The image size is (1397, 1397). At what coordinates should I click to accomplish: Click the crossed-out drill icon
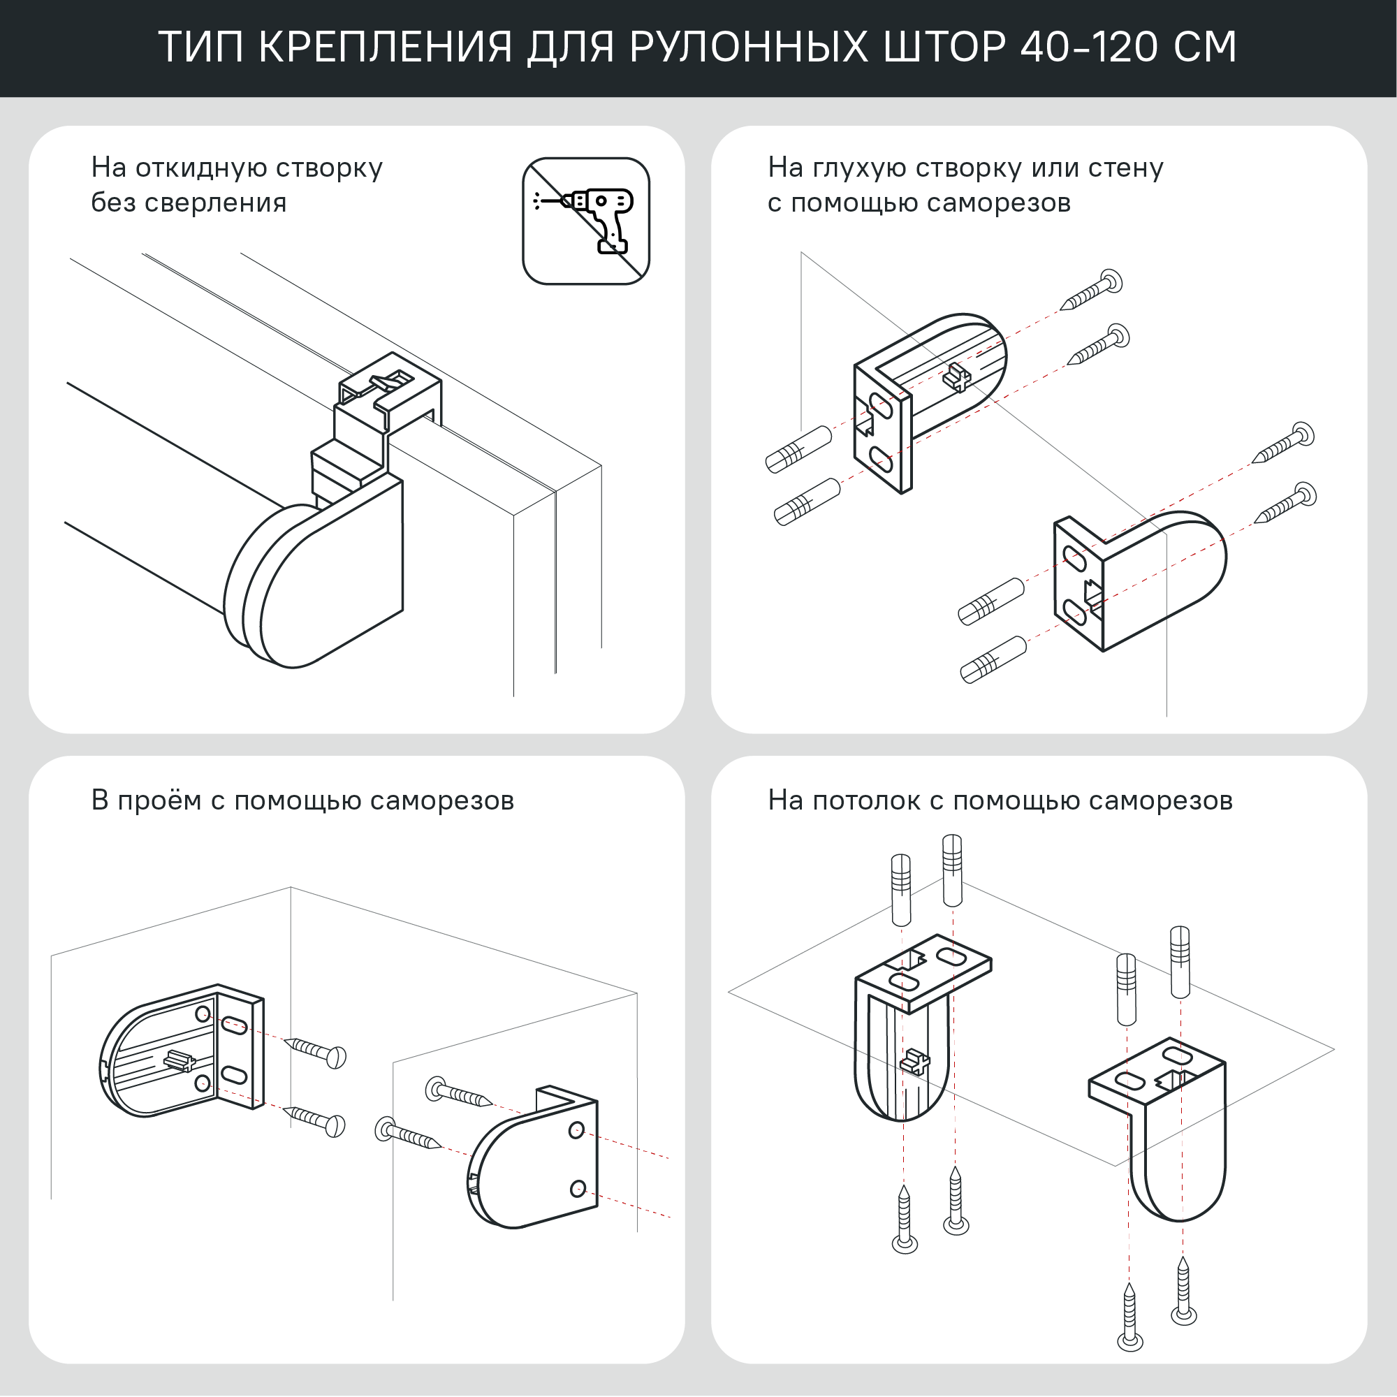(x=586, y=221)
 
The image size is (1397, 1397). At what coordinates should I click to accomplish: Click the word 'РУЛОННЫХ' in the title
(x=748, y=47)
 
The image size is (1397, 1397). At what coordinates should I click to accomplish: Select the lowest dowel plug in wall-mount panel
(x=993, y=659)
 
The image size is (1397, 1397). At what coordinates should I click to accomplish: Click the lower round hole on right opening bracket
(x=578, y=1188)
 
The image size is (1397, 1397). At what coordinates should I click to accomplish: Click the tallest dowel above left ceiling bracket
(x=952, y=870)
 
